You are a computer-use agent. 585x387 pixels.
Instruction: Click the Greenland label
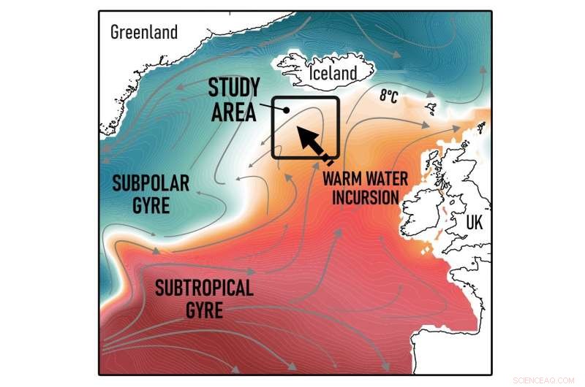tap(144, 31)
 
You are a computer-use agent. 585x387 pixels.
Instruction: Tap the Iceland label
tap(333, 73)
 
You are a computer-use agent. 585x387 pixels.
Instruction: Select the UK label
tap(475, 223)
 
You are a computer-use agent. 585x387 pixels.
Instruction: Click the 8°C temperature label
tap(388, 96)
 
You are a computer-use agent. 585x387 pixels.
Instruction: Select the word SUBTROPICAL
tap(204, 288)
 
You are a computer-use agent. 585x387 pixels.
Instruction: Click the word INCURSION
tap(363, 197)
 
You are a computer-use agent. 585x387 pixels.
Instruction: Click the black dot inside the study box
tap(287, 110)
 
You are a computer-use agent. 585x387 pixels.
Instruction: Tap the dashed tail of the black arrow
tap(328, 159)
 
